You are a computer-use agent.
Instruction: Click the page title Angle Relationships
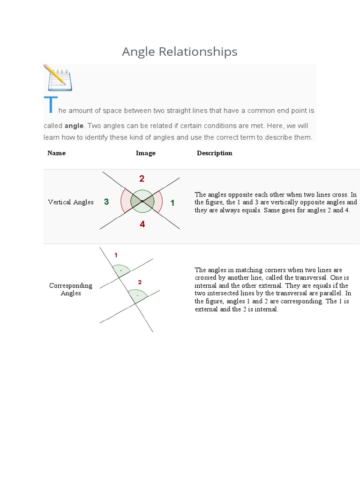point(180,52)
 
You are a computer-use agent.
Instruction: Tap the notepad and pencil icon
point(58,78)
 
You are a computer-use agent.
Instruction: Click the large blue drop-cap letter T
point(50,105)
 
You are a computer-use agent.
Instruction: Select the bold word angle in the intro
point(74,126)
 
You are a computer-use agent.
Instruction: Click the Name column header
point(56,153)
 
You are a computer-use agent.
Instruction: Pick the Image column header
point(145,153)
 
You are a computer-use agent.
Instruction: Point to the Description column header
point(214,153)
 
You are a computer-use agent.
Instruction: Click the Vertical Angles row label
point(71,202)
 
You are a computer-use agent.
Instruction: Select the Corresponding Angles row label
point(71,289)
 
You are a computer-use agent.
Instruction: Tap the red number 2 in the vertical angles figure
point(142,179)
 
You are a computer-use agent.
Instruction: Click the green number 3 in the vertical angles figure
point(106,202)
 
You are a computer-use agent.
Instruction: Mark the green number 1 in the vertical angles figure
point(172,203)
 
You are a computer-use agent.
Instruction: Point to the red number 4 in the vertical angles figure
point(142,225)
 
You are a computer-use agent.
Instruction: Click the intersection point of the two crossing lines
point(142,201)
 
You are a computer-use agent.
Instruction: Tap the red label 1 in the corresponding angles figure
point(116,255)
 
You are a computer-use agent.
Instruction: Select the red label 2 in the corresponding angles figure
point(140,282)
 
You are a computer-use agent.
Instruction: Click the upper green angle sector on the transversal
point(121,271)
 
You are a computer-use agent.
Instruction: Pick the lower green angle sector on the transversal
point(138,296)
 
